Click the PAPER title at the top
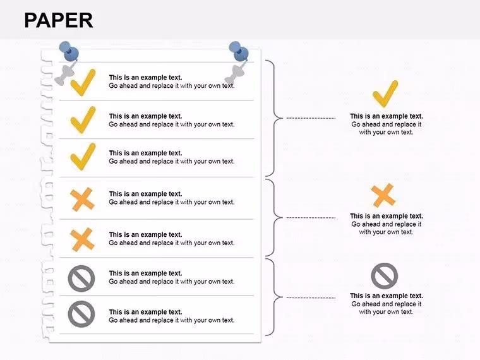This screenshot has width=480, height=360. [59, 20]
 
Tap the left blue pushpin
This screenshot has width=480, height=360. [69, 52]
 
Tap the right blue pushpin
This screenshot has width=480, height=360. [239, 52]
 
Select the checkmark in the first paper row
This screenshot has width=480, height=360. [83, 82]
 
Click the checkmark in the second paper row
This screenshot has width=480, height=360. [83, 120]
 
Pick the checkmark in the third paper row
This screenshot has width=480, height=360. [83, 157]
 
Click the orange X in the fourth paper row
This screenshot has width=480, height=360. [82, 200]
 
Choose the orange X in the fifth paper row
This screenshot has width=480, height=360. [82, 239]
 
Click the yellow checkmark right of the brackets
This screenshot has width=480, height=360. [385, 93]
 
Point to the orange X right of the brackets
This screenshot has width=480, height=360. [383, 195]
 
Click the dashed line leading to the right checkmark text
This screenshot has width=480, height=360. [311, 118]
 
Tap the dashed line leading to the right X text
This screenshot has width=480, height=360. [311, 218]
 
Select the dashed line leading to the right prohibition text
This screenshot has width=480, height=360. [311, 297]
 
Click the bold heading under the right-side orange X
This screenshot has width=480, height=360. [387, 216]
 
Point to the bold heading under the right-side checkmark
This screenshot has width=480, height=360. [387, 116]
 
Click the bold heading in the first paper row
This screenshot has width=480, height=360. [145, 78]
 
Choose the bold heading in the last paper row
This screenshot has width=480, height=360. [145, 312]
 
